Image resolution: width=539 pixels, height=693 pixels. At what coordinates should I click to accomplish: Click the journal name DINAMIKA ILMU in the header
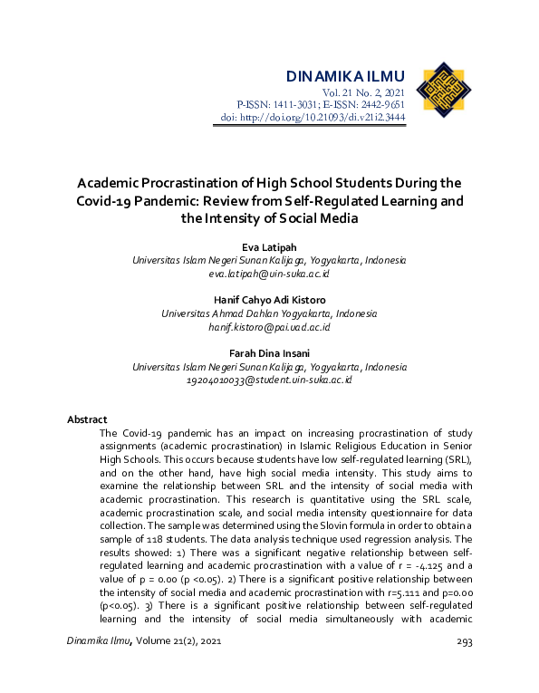[x=343, y=75]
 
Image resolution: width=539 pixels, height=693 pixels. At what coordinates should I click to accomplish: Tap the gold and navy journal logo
[x=443, y=91]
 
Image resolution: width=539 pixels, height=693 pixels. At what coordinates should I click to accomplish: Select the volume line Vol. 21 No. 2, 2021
[x=364, y=93]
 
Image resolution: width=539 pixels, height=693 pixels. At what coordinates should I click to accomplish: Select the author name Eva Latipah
[x=269, y=246]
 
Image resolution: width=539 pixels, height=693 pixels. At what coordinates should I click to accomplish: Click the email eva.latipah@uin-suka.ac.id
[x=269, y=273]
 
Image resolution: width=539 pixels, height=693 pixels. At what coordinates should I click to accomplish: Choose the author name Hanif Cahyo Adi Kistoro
[x=269, y=300]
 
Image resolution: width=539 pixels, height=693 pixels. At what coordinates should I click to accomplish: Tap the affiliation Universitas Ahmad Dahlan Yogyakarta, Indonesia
[x=269, y=313]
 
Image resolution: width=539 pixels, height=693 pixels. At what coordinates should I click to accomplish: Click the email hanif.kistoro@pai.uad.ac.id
[x=269, y=326]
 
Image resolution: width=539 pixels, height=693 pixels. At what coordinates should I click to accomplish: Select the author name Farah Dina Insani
[x=269, y=353]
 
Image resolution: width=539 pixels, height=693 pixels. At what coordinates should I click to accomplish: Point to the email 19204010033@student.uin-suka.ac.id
[x=269, y=380]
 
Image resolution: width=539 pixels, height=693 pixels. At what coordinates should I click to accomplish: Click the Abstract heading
[x=87, y=419]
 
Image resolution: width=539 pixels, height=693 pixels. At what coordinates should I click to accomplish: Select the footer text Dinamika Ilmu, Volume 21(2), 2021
[x=144, y=641]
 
